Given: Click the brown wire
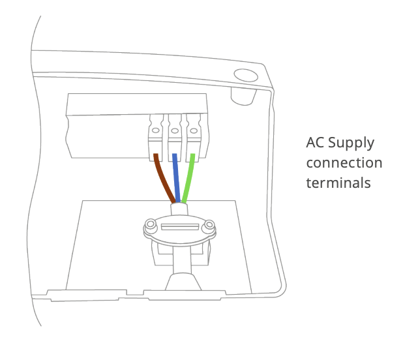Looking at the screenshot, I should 164,177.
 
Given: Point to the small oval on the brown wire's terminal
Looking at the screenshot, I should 157,131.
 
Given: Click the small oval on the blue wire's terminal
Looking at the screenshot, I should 175,131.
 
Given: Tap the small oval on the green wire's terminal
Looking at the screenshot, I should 193,131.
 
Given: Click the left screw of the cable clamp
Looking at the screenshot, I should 151,225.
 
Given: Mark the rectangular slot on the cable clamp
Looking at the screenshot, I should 179,227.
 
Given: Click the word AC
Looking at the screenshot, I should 316,143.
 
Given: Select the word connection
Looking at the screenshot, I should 344,163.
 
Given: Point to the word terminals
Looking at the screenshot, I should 338,183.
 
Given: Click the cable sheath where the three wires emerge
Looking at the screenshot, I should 179,209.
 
